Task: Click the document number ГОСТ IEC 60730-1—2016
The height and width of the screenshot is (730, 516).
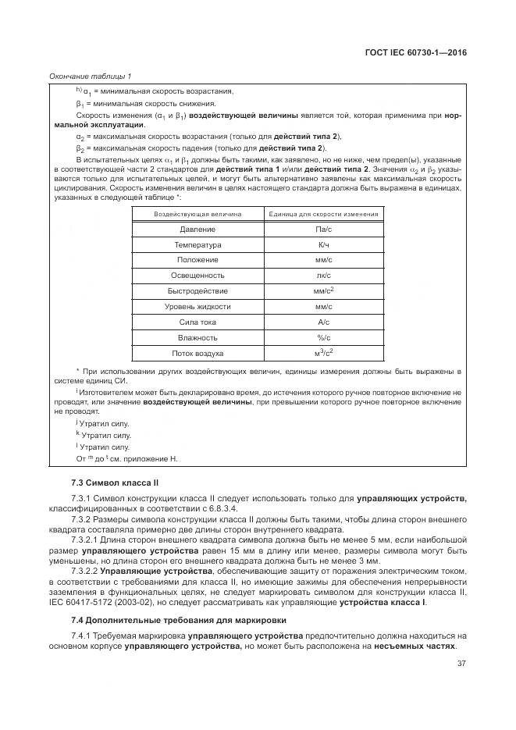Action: pos(422,52)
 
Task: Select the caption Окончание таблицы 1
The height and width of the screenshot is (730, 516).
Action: pos(91,76)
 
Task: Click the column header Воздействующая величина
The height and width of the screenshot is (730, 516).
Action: pos(198,213)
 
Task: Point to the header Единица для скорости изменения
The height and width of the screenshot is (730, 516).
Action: pos(323,213)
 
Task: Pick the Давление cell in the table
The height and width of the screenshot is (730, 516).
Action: pos(198,230)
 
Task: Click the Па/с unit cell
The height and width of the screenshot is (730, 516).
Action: pos(323,230)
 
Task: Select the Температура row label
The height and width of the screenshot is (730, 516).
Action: pos(198,244)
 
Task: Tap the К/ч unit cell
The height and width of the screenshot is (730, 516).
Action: pos(323,244)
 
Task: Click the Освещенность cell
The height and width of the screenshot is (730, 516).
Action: pos(198,275)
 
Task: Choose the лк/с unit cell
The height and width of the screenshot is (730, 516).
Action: pos(323,275)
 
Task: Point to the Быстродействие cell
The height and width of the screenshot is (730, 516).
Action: pos(198,290)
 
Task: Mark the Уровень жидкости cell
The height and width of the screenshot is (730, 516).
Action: pos(198,306)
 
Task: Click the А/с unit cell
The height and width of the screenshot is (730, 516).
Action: pos(323,321)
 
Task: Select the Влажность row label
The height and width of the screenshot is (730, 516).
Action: pos(198,337)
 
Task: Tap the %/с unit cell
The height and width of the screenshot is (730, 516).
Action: pos(323,337)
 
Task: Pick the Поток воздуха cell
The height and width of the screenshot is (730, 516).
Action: pos(198,352)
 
